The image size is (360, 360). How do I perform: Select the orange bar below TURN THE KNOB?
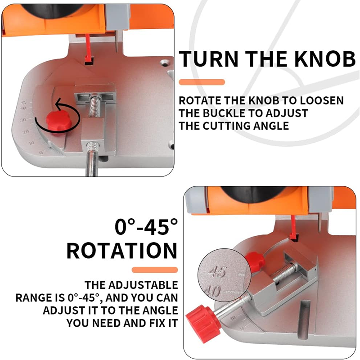click(202, 82)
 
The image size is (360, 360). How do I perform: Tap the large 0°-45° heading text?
click(143, 227)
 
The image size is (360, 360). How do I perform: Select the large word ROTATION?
click(122, 251)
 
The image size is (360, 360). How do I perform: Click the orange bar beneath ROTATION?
click(155, 270)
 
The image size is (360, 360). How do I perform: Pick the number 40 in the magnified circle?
click(214, 291)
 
